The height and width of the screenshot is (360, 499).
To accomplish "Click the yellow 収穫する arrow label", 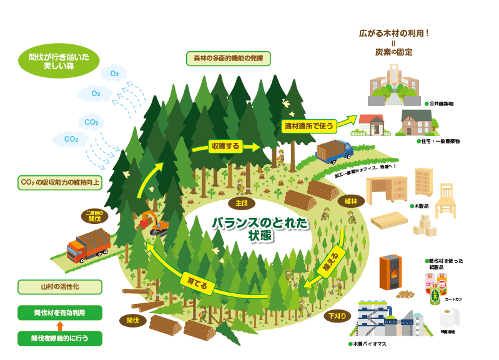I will click(225, 147).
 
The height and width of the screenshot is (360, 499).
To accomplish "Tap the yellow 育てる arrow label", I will click(196, 281).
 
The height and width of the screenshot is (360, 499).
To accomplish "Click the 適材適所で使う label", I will click(309, 125).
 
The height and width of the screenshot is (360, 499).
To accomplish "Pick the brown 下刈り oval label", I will click(335, 316).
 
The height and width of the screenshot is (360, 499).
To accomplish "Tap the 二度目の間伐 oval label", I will click(94, 216).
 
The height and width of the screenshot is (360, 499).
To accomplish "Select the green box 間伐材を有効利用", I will click(59, 313).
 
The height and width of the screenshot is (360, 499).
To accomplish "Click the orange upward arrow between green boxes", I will click(59, 326).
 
